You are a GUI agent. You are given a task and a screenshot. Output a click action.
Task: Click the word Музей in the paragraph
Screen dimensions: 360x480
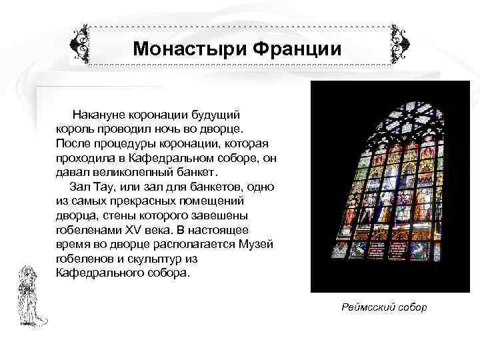[x=257, y=243]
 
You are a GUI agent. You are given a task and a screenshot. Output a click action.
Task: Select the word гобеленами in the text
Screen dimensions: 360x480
[x=86, y=230]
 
